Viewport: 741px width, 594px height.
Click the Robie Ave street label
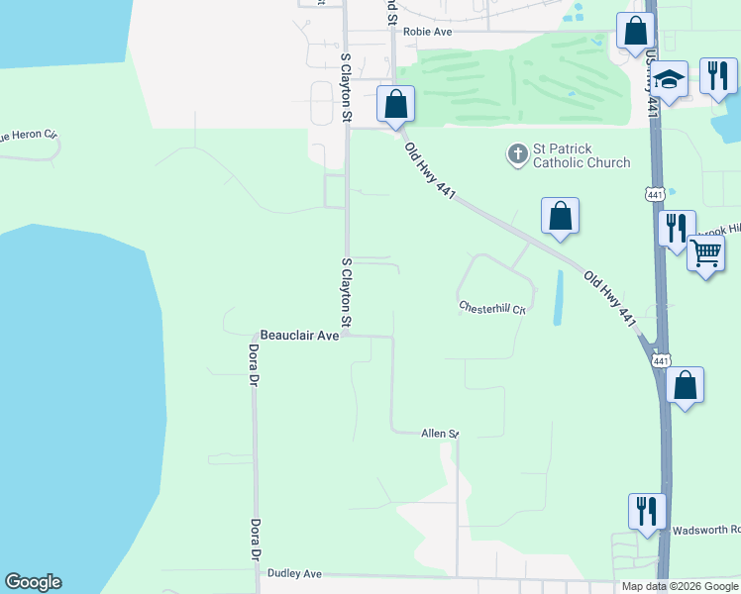pyautogui.click(x=427, y=32)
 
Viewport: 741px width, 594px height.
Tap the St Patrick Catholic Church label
pyautogui.click(x=582, y=155)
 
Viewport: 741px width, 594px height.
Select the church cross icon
pyautogui.click(x=516, y=153)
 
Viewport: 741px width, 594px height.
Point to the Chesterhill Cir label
pyautogui.click(x=490, y=308)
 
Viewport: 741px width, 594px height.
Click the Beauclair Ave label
pyautogui.click(x=299, y=336)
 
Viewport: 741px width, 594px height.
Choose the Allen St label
pyautogui.click(x=440, y=434)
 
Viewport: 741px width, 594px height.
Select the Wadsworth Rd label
pyautogui.click(x=705, y=530)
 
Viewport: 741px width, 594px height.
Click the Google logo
pyautogui.click(x=33, y=582)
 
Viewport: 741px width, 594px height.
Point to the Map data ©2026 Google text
pyautogui.click(x=680, y=586)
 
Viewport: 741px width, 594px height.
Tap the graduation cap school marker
pyautogui.click(x=670, y=80)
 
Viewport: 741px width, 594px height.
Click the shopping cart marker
pyautogui.click(x=705, y=252)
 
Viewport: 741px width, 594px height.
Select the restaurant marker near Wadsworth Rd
pyautogui.click(x=647, y=511)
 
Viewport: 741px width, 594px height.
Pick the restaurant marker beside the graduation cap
pyautogui.click(x=717, y=75)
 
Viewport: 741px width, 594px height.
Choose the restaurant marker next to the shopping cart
pyautogui.click(x=676, y=228)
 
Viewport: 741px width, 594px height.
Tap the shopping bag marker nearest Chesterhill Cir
pyautogui.click(x=560, y=215)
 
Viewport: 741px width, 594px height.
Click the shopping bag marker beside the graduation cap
pyautogui.click(x=635, y=30)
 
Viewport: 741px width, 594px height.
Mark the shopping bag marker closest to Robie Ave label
pyautogui.click(x=395, y=103)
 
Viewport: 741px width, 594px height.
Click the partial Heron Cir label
pyautogui.click(x=28, y=134)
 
